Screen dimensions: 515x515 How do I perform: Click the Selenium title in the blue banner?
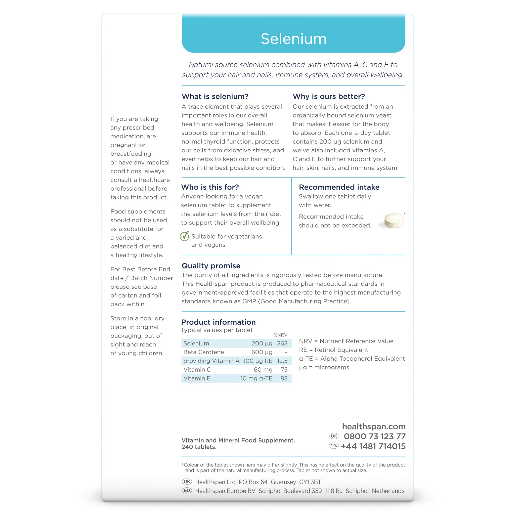pyautogui.click(x=293, y=39)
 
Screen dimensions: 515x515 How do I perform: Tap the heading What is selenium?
pyautogui.click(x=215, y=97)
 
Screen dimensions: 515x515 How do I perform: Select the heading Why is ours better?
pyautogui.click(x=329, y=97)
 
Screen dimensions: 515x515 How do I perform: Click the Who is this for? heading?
pyautogui.click(x=210, y=187)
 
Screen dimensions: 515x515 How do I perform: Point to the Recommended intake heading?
pyautogui.click(x=339, y=187)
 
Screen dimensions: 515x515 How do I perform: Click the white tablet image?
pyautogui.click(x=394, y=221)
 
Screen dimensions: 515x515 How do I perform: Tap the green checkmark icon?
pyautogui.click(x=185, y=236)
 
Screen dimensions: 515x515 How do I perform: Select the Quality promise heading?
pyautogui.click(x=211, y=266)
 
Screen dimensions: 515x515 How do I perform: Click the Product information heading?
pyautogui.click(x=218, y=322)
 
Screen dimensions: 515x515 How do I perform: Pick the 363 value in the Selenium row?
pyautogui.click(x=282, y=343)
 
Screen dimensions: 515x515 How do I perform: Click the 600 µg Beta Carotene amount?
pyautogui.click(x=262, y=352)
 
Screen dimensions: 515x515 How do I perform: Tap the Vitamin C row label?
pyautogui.click(x=197, y=370)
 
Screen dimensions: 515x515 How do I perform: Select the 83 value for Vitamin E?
pyautogui.click(x=284, y=378)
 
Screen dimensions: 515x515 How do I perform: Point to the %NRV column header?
pyautogui.click(x=280, y=335)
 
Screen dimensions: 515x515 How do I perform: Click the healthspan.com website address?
pyautogui.click(x=374, y=426)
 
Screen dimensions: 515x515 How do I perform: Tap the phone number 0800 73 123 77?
pyautogui.click(x=374, y=436)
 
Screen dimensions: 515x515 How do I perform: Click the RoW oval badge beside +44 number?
pyautogui.click(x=334, y=446)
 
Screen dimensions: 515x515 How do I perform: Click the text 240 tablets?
pyautogui.click(x=199, y=447)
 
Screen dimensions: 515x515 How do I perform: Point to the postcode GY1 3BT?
pyautogui.click(x=310, y=482)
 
